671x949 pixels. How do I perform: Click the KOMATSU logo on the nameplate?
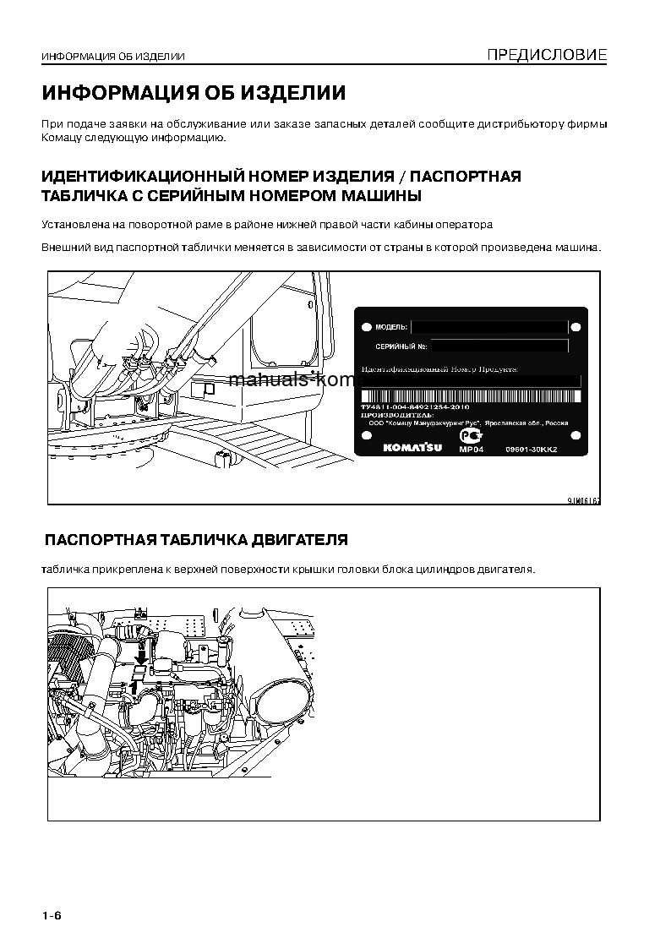tap(412, 448)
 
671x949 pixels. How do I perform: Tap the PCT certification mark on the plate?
tap(469, 436)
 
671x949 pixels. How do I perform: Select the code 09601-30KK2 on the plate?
tap(532, 450)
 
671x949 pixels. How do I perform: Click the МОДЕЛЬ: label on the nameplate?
tap(390, 326)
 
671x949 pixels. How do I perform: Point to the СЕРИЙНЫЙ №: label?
tap(401, 346)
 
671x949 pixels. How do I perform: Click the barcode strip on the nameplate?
tap(471, 396)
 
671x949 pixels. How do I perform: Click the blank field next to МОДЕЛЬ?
tap(488, 326)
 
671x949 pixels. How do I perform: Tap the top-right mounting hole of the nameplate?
tap(576, 326)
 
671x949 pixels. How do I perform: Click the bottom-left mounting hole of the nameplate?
tap(366, 435)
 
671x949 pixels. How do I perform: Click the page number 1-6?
tap(52, 917)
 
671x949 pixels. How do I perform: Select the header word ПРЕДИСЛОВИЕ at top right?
tap(546, 56)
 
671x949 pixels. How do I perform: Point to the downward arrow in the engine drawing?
tap(141, 653)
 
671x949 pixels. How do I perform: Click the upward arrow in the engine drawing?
tap(134, 687)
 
